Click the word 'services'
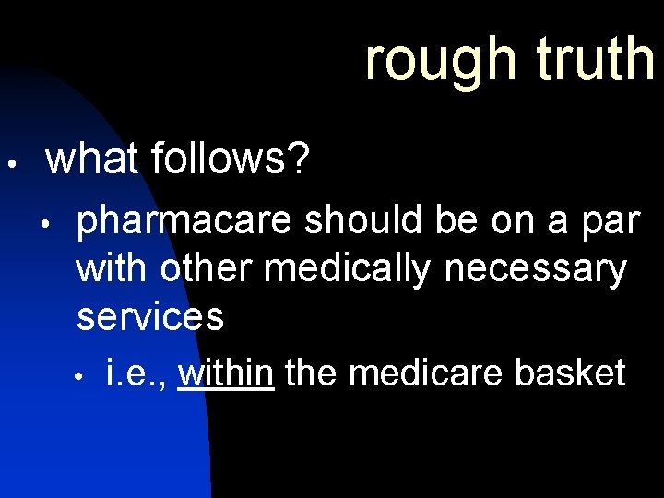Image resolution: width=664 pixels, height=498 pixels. pos(149,316)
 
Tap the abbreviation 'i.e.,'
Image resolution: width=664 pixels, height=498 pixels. pos(137,373)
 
